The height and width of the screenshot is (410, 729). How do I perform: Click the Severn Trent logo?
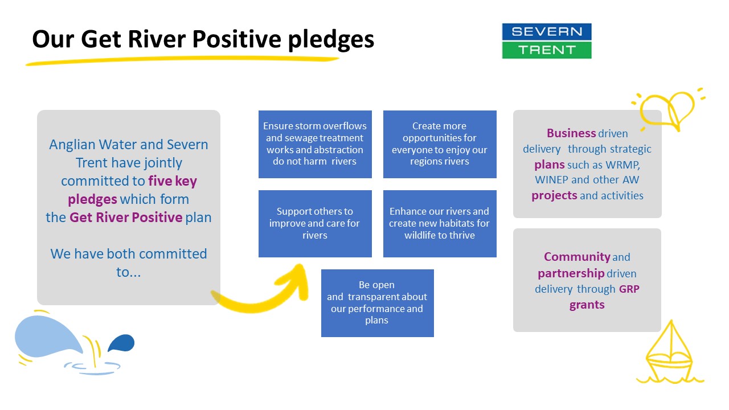[547, 41]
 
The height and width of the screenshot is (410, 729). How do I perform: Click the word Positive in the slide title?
[236, 39]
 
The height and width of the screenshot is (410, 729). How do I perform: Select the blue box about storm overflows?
[315, 144]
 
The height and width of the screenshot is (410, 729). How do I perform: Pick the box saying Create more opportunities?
[440, 144]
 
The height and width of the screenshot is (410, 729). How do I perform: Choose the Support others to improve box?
[315, 224]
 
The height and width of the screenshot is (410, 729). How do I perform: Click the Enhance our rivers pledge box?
[440, 224]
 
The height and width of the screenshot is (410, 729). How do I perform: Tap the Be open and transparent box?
[378, 303]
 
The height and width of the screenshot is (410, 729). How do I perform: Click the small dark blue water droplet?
[121, 343]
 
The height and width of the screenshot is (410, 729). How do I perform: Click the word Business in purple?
[571, 133]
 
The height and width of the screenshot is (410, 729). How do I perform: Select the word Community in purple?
[577, 257]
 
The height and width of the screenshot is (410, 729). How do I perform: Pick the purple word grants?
[587, 305]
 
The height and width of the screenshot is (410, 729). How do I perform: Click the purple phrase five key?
[173, 181]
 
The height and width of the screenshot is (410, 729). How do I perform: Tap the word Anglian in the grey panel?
[72, 145]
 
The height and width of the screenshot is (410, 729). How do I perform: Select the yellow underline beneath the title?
[182, 60]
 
